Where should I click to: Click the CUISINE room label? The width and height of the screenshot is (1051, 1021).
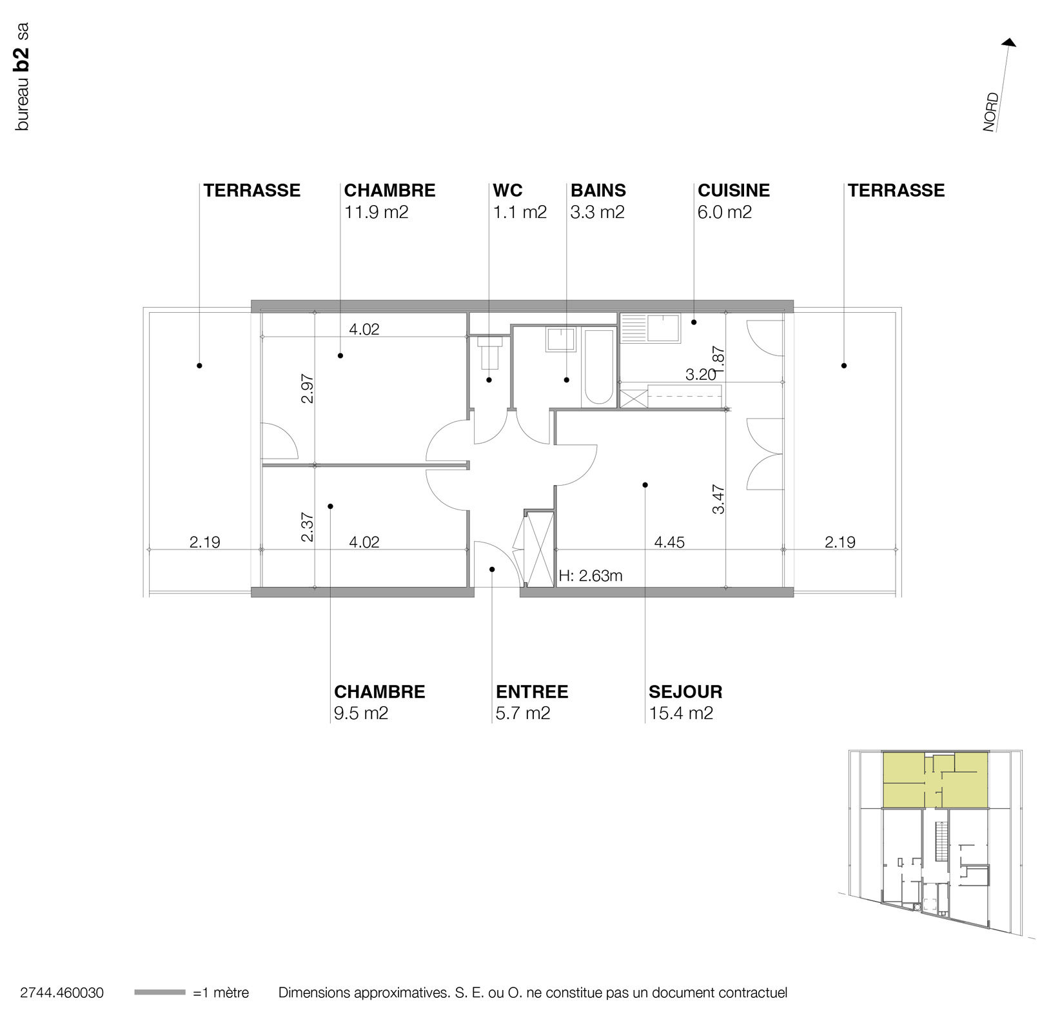(733, 190)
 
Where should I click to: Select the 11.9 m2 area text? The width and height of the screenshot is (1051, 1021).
(376, 212)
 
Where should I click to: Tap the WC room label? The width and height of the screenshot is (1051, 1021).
(507, 190)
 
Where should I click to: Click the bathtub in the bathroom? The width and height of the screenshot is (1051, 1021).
(598, 367)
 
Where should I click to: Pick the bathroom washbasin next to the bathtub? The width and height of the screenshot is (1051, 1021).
(561, 339)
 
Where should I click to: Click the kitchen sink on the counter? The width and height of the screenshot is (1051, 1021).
(663, 328)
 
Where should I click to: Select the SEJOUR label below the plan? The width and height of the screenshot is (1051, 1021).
(685, 692)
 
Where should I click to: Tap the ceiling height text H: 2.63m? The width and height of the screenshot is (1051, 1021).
(591, 576)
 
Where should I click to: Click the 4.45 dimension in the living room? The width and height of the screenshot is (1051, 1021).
(669, 542)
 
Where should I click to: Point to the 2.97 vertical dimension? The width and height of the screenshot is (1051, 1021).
(308, 388)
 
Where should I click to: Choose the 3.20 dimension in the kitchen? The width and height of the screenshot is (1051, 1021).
(700, 375)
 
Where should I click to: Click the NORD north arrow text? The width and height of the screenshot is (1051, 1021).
(991, 112)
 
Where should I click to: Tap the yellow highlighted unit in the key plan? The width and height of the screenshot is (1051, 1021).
(935, 780)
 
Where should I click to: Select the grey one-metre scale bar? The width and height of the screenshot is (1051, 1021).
(159, 993)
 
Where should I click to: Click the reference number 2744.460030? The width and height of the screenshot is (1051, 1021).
(62, 993)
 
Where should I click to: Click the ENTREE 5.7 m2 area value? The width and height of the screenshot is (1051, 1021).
(523, 713)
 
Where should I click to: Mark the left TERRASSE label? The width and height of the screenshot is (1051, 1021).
(252, 190)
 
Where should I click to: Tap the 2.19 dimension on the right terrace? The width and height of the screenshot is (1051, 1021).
(840, 542)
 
